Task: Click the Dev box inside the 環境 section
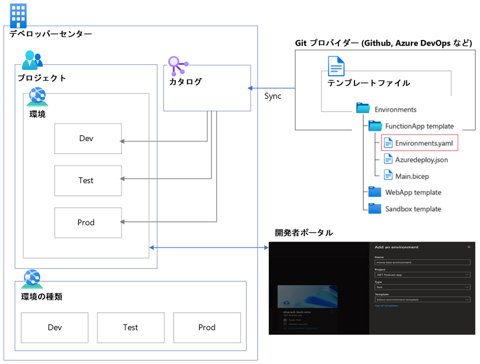[88, 139]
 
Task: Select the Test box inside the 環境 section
[88, 180]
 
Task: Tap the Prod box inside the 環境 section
[88, 222]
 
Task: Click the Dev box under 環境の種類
[54, 327]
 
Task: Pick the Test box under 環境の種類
[131, 327]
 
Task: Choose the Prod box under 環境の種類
[207, 327]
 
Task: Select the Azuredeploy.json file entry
[421, 159]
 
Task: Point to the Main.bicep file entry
[413, 176]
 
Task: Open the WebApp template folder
[412, 192]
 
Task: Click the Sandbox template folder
[412, 209]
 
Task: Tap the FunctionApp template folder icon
[375, 126]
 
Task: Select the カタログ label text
[185, 82]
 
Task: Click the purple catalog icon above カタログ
[177, 64]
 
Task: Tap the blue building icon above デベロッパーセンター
[18, 16]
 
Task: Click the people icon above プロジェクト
[32, 59]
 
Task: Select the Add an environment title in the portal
[396, 247]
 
